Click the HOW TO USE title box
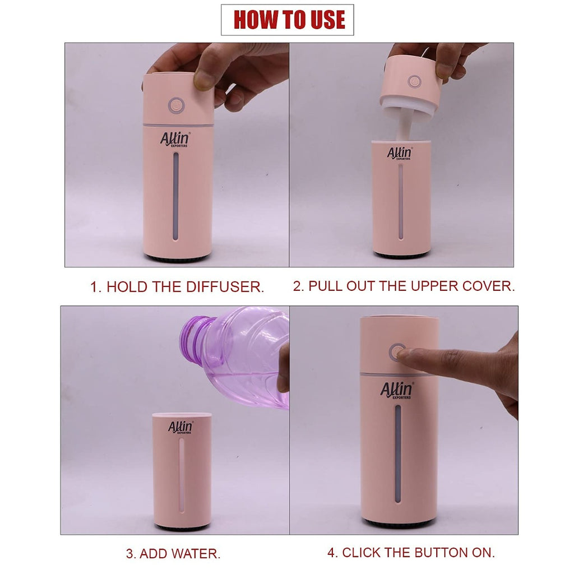[x=287, y=20]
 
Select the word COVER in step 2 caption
[x=488, y=286]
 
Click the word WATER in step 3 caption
[x=194, y=554]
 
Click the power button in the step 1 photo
[x=175, y=104]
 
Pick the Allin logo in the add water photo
[x=180, y=427]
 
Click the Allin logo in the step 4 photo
[x=397, y=390]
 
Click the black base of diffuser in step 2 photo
[x=401, y=255]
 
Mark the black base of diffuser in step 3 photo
[x=182, y=527]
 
